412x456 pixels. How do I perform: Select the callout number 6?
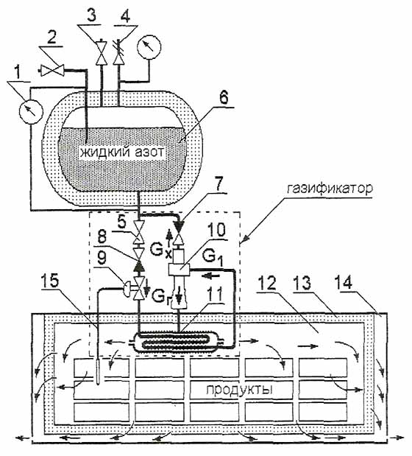tap(222, 98)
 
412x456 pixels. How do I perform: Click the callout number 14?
tap(344, 282)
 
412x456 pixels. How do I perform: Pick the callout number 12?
tap(267, 283)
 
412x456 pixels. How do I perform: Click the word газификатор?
tap(330, 189)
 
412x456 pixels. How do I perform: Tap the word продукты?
tap(239, 390)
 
